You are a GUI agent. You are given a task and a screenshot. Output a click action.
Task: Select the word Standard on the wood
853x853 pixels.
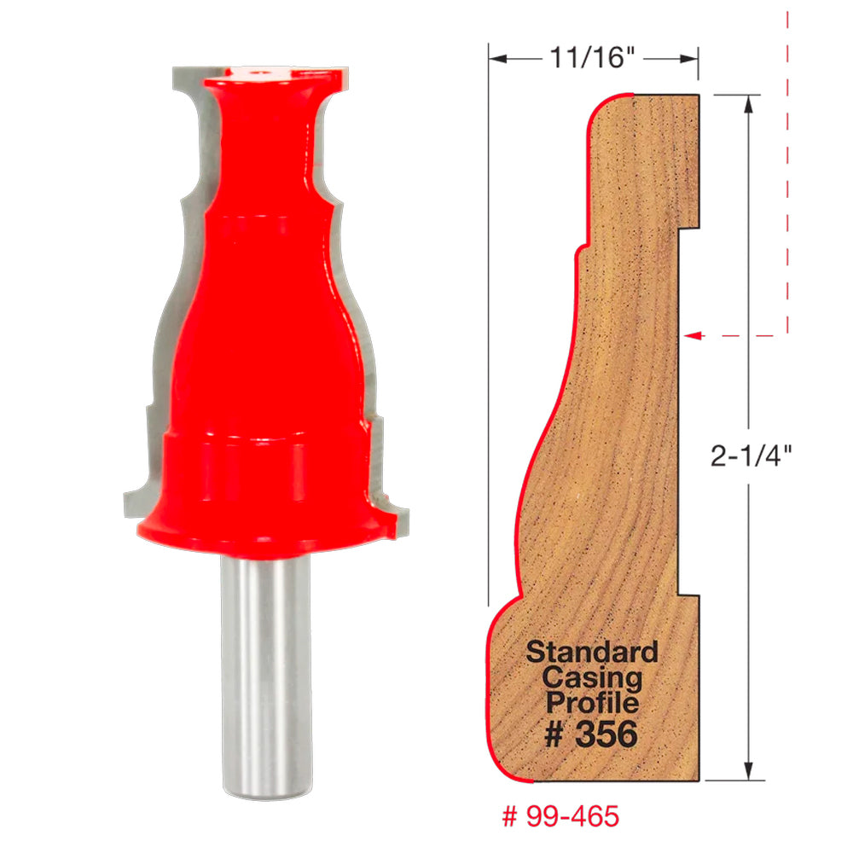(x=592, y=653)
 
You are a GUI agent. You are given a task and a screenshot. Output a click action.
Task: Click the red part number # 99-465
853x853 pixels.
(x=560, y=815)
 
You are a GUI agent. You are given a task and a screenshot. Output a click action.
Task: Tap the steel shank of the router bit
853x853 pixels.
(x=262, y=665)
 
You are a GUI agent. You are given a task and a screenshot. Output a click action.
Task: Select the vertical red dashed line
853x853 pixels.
(x=787, y=171)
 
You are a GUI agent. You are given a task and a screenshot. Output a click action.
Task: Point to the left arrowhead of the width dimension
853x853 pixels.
(x=497, y=59)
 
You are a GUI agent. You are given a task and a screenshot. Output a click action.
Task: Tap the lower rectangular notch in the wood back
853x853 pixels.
(x=689, y=594)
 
